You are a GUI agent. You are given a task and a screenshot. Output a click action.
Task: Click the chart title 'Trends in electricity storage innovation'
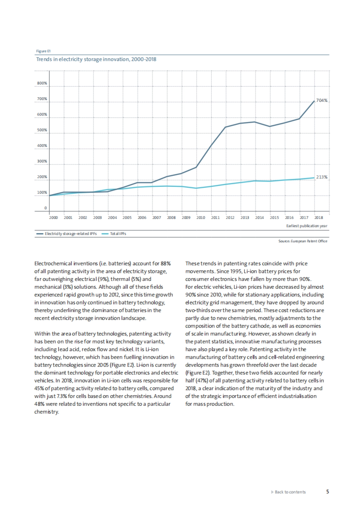click(96, 59)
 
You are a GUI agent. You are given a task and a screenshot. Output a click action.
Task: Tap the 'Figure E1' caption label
click(41, 51)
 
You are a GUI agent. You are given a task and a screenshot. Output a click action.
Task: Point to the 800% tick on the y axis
click(42, 83)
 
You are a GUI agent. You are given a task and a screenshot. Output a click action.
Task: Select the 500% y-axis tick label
click(42, 130)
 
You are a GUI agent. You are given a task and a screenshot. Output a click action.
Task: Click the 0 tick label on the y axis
click(45, 208)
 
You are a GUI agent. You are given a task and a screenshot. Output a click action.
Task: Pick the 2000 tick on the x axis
click(53, 217)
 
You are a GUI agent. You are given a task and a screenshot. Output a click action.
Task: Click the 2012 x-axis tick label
click(230, 217)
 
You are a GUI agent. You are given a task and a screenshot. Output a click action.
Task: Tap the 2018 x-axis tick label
click(318, 217)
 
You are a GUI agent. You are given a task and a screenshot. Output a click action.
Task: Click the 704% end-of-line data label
click(322, 100)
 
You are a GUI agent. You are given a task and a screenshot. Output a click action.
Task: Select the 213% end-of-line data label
click(322, 177)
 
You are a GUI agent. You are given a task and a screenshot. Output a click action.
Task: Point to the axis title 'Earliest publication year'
click(307, 226)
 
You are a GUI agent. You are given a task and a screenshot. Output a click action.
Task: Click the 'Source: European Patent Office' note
click(303, 241)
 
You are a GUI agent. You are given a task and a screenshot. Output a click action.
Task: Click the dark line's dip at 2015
click(270, 126)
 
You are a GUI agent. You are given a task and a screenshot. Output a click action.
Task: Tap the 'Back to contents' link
click(290, 492)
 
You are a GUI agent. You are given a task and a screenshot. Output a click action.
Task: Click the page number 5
click(328, 492)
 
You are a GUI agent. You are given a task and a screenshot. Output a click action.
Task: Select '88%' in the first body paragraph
click(166, 264)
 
